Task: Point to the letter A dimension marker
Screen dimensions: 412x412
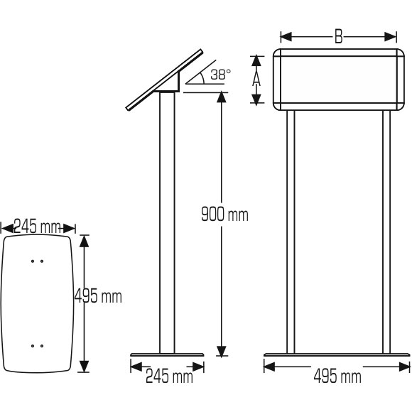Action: [258, 80]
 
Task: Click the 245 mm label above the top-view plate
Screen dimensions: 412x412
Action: [37, 227]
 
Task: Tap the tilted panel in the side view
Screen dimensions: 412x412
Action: [163, 80]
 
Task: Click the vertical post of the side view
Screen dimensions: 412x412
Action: [167, 220]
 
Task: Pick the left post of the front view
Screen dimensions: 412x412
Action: [291, 231]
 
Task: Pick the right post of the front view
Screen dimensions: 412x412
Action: [386, 231]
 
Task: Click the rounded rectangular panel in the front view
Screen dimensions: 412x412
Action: [338, 80]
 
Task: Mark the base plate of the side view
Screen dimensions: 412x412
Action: [168, 356]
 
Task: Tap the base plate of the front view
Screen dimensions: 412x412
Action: [338, 356]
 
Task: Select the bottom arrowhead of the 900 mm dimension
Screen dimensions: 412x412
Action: [222, 349]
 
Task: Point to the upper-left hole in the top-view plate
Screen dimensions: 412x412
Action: [33, 261]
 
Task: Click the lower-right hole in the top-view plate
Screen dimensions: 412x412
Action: [42, 346]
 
